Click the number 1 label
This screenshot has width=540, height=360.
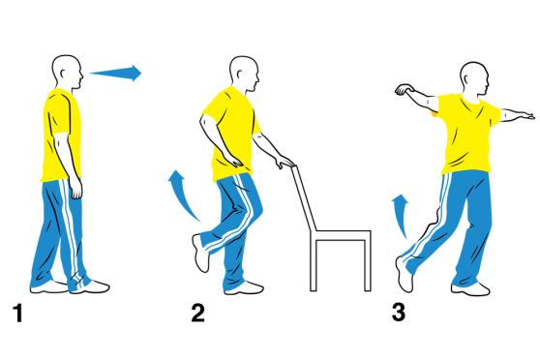click(16, 313)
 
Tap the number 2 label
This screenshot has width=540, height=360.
click(198, 313)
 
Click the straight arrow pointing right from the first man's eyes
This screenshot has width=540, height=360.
click(118, 72)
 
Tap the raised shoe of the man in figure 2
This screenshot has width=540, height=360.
click(202, 254)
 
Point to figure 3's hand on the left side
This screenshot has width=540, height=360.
click(401, 91)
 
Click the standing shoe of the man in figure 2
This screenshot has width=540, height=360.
click(248, 286)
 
